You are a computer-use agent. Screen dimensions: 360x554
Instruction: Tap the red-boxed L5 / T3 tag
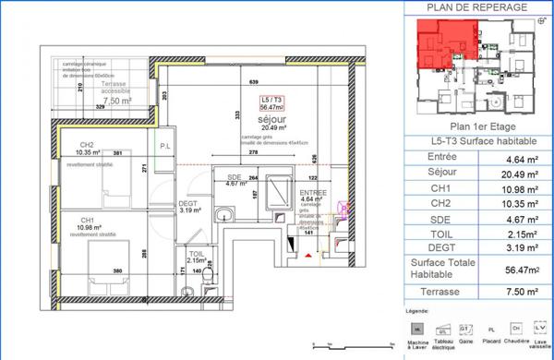coord(272,102)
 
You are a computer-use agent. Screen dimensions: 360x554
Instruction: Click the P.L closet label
coord(166,146)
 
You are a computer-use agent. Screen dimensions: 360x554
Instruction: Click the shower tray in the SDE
coord(276,186)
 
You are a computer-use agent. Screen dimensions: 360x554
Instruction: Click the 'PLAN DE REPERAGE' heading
coord(476,7)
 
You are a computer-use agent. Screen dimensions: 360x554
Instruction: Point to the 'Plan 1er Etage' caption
coord(476,127)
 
